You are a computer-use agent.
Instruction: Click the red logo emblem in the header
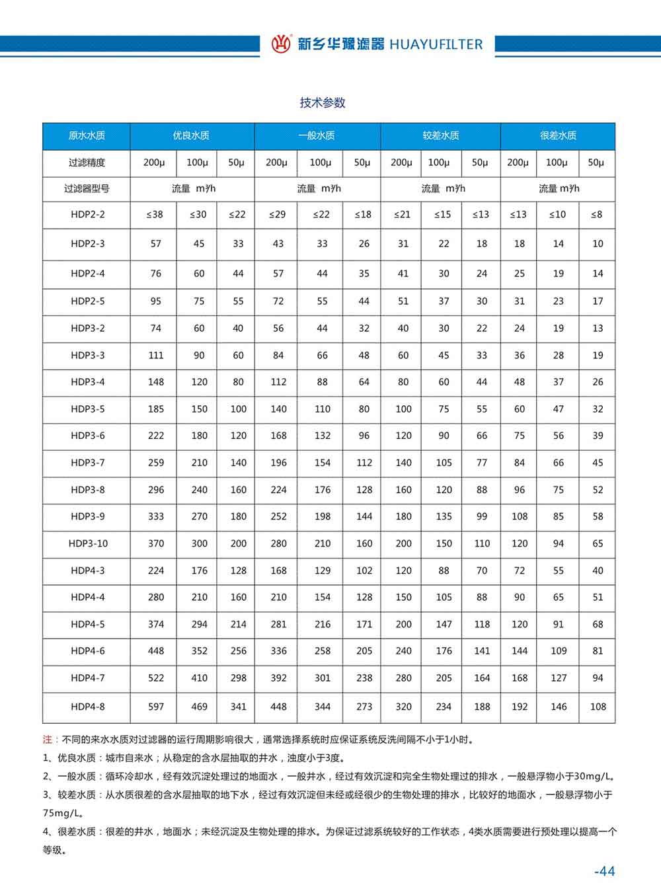click(281, 44)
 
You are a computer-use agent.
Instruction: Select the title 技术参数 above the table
click(323, 102)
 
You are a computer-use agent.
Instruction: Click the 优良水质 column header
click(191, 136)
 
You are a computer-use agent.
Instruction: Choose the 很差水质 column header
click(558, 136)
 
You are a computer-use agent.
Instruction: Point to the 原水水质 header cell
click(87, 136)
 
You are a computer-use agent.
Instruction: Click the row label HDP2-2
click(87, 214)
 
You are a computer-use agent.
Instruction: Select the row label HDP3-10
click(87, 543)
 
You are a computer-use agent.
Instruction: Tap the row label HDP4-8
click(87, 707)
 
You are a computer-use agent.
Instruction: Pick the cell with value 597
click(156, 707)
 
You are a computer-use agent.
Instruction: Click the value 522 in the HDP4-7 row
click(156, 678)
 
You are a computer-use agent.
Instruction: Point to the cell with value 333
click(156, 516)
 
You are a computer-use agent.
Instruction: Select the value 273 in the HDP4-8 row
click(364, 707)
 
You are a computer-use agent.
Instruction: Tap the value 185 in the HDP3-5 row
click(156, 409)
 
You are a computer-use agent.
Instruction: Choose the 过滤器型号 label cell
click(87, 188)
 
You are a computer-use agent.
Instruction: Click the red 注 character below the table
click(47, 740)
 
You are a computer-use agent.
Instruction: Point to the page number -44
click(604, 871)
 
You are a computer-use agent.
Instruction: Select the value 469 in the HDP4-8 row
click(199, 707)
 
